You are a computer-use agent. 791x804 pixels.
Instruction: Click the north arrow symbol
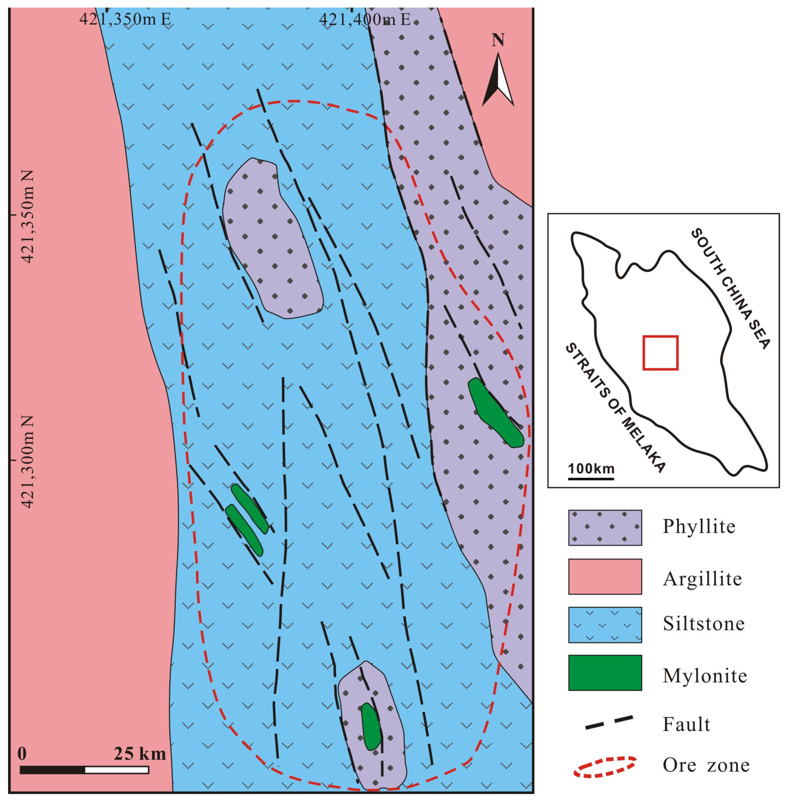tap(498, 81)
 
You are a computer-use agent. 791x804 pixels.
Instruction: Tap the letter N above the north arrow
tap(498, 40)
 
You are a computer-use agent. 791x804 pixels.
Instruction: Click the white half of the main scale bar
tap(117, 770)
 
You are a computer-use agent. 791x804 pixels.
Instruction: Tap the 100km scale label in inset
tap(591, 469)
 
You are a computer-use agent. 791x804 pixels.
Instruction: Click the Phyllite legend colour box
tap(605, 528)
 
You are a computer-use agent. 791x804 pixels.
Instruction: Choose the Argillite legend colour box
tap(605, 576)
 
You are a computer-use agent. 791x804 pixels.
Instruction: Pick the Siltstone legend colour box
tap(605, 625)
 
